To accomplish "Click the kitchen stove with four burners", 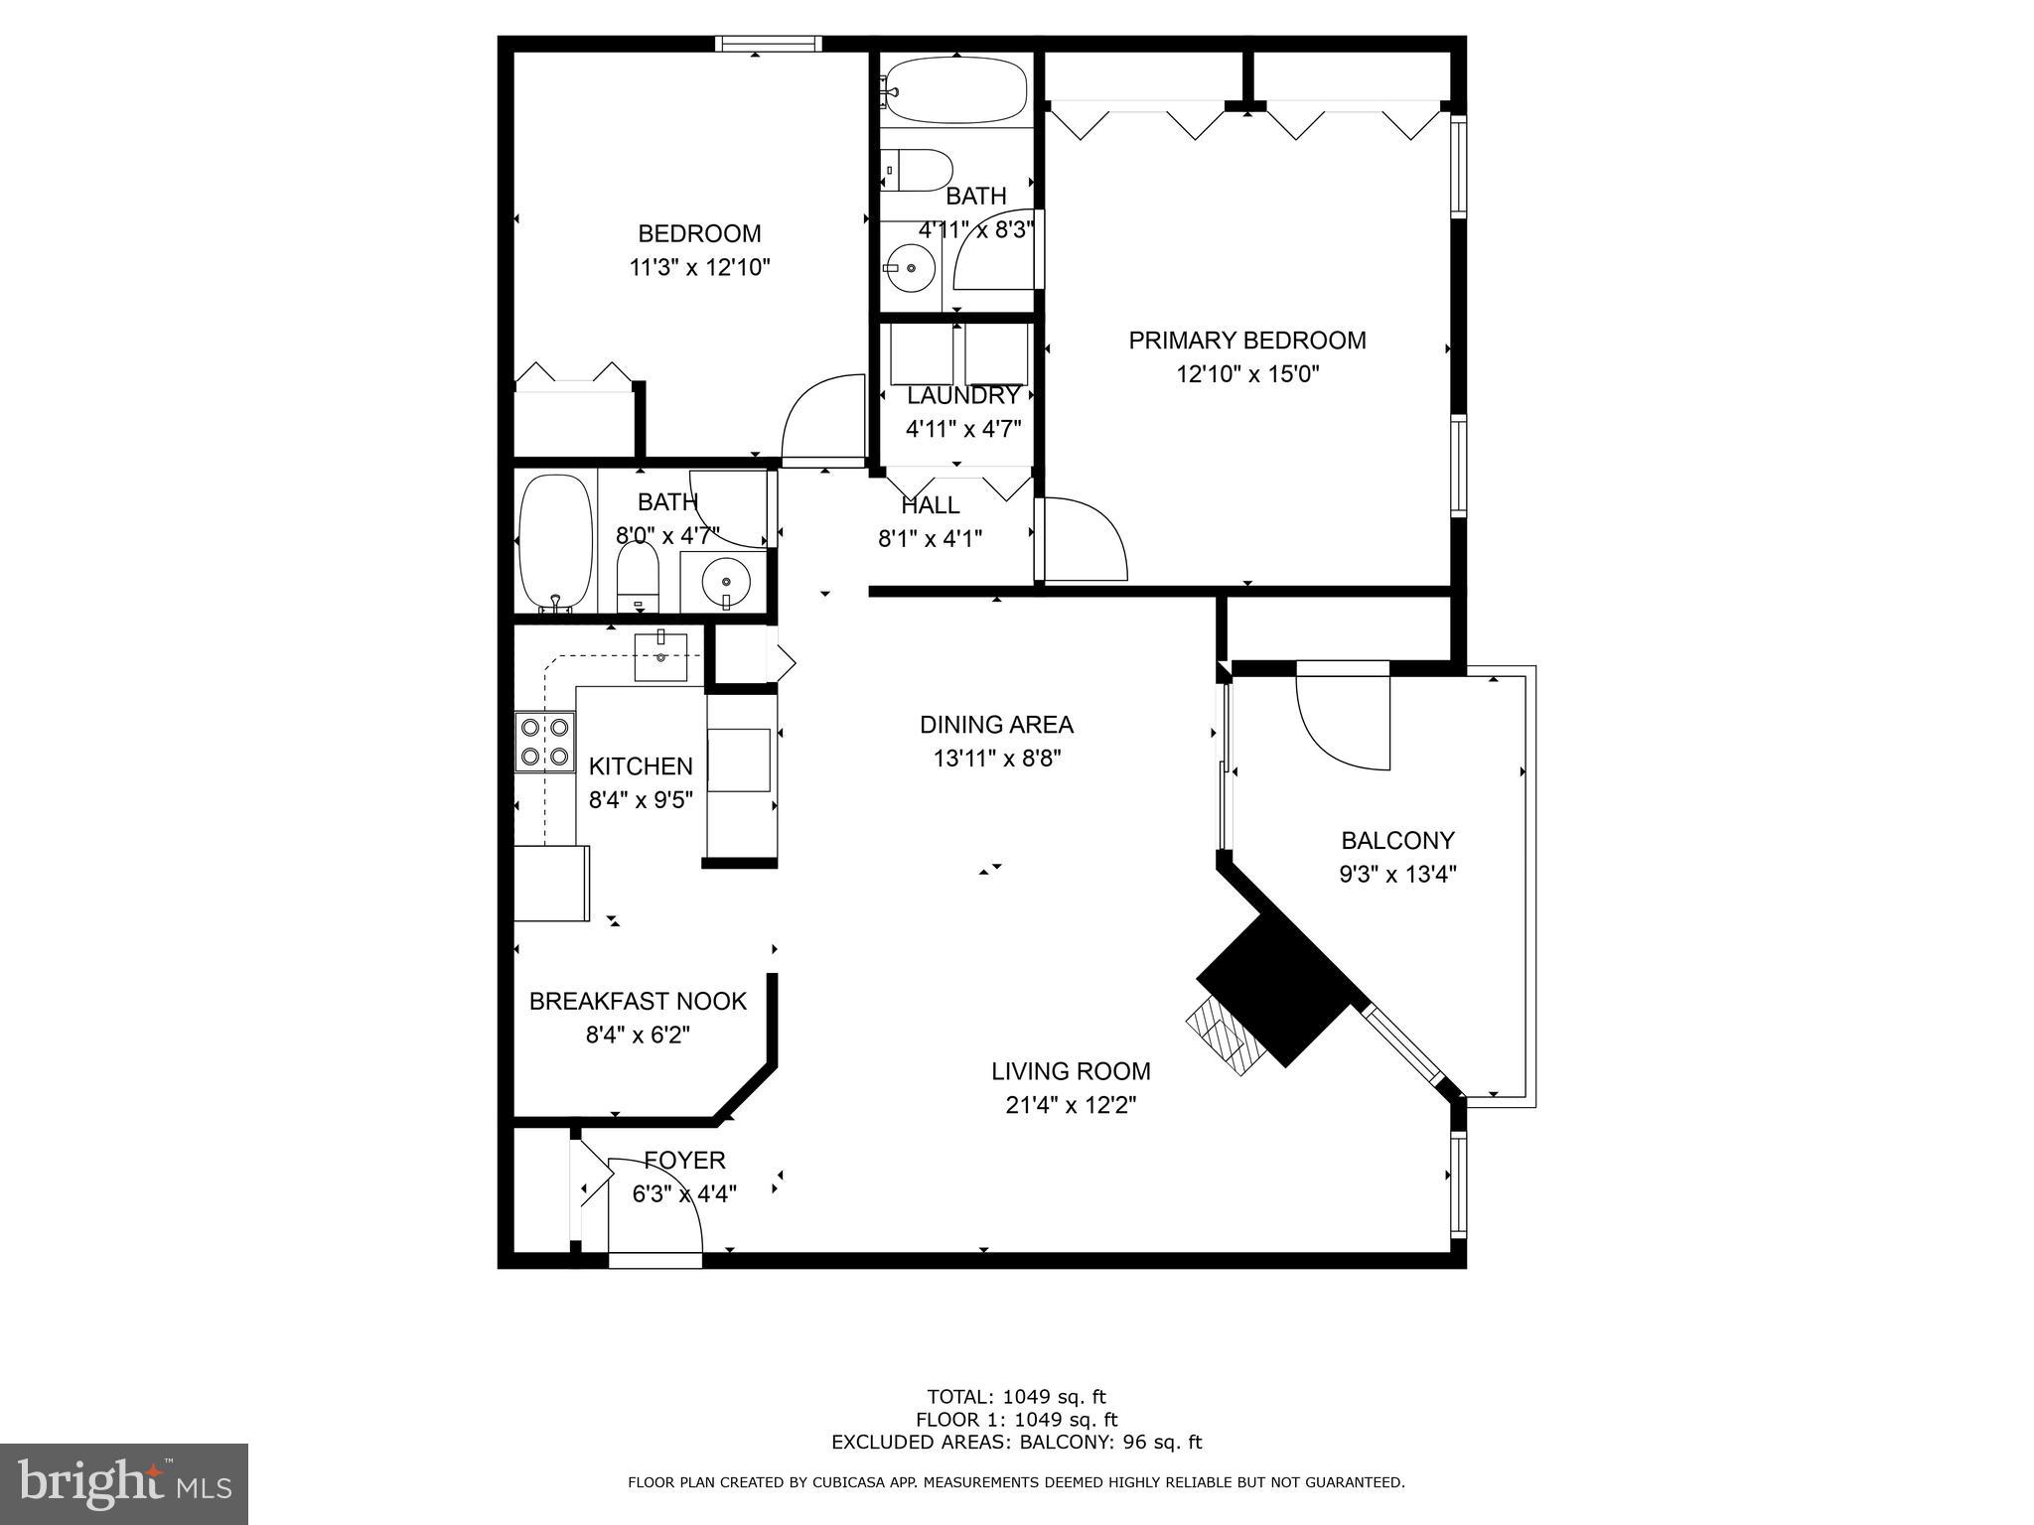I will tap(544, 742).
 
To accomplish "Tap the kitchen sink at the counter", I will tap(660, 656).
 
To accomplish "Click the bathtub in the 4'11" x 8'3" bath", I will tap(953, 90).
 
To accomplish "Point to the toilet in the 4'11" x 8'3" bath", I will tap(918, 170).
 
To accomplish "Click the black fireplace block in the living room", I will tap(1276, 989).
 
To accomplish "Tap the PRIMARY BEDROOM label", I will tap(1246, 341).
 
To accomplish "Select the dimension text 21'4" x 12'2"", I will tap(1070, 1105).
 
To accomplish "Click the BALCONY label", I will tap(1396, 841).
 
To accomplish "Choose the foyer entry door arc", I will tap(656, 1205).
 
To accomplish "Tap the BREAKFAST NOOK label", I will tap(637, 1001).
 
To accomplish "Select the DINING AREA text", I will tap(996, 725).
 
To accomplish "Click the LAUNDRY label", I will tap(962, 395).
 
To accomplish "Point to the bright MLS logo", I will tap(124, 1483).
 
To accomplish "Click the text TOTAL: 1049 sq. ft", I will tap(1016, 1398).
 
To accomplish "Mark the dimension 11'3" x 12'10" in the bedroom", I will tap(699, 267).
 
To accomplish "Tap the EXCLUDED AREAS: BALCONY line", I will tap(1016, 1442).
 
